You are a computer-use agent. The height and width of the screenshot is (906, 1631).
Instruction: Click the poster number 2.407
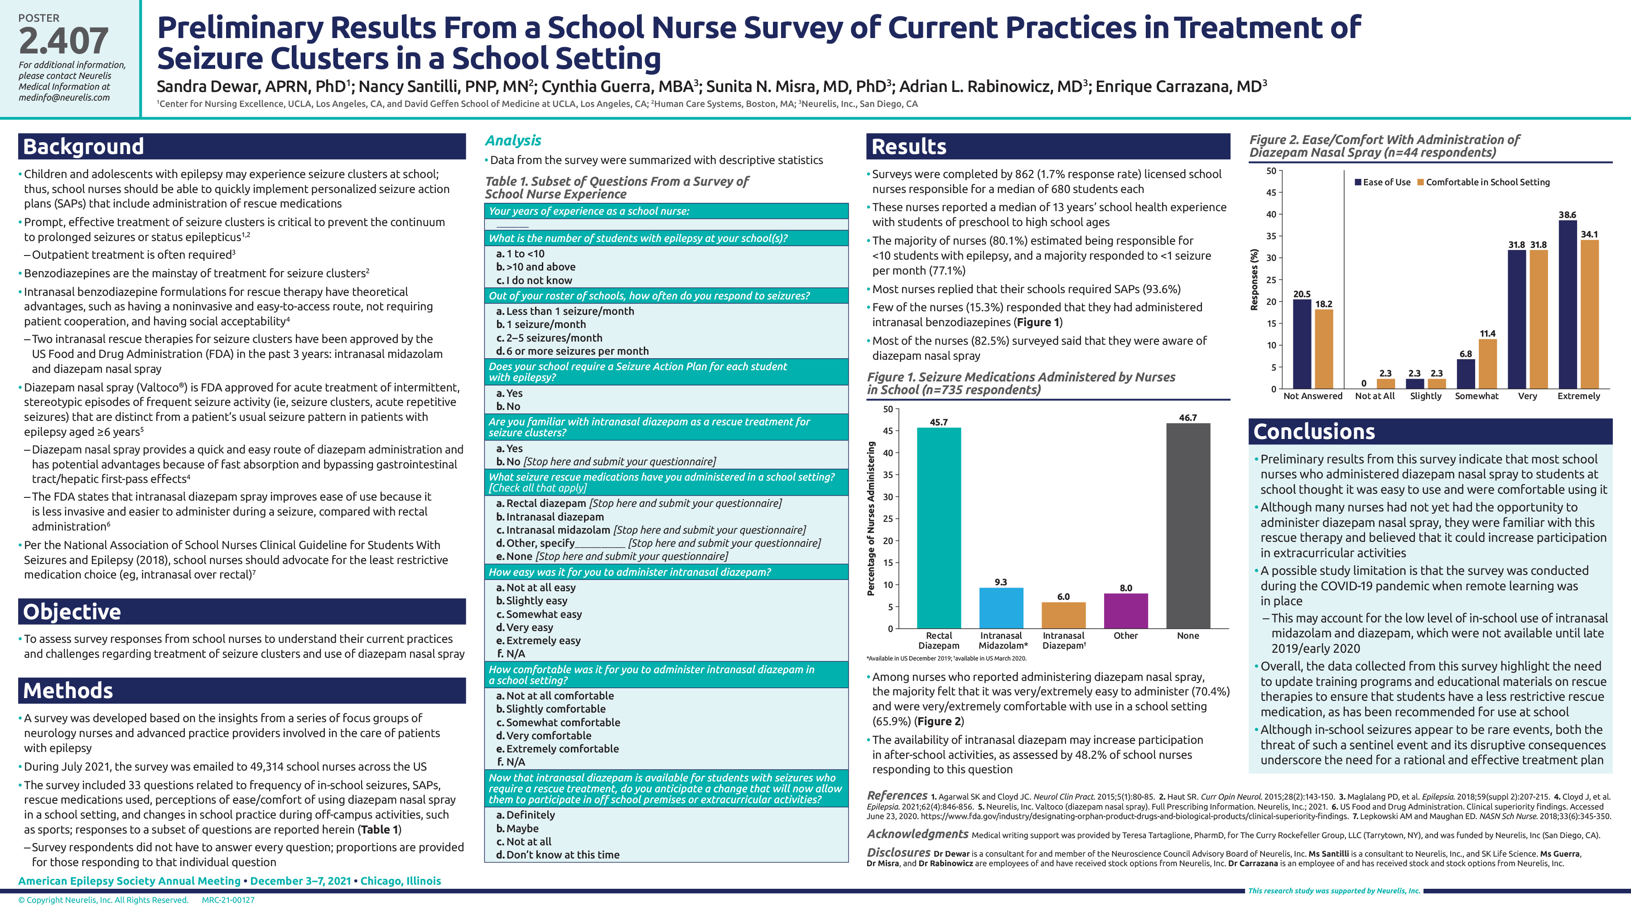click(63, 41)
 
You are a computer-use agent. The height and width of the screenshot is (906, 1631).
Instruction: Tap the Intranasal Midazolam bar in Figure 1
click(1000, 608)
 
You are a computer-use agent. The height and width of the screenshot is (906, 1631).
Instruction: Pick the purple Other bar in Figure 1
click(1125, 611)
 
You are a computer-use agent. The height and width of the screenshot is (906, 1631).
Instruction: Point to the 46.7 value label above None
click(1188, 418)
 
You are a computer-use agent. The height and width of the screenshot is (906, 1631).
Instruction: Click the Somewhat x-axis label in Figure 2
click(1477, 396)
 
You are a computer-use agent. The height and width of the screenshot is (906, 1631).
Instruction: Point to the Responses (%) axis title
click(1254, 279)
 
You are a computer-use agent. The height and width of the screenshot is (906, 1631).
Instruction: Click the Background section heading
click(83, 147)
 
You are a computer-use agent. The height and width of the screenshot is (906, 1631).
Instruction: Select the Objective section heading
click(72, 612)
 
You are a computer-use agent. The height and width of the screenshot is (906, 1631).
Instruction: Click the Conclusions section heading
click(1314, 432)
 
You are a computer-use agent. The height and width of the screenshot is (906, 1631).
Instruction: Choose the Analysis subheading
click(513, 140)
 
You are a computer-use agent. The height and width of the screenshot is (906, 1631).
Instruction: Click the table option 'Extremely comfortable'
click(562, 748)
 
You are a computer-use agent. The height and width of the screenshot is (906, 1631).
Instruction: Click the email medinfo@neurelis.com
click(64, 97)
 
